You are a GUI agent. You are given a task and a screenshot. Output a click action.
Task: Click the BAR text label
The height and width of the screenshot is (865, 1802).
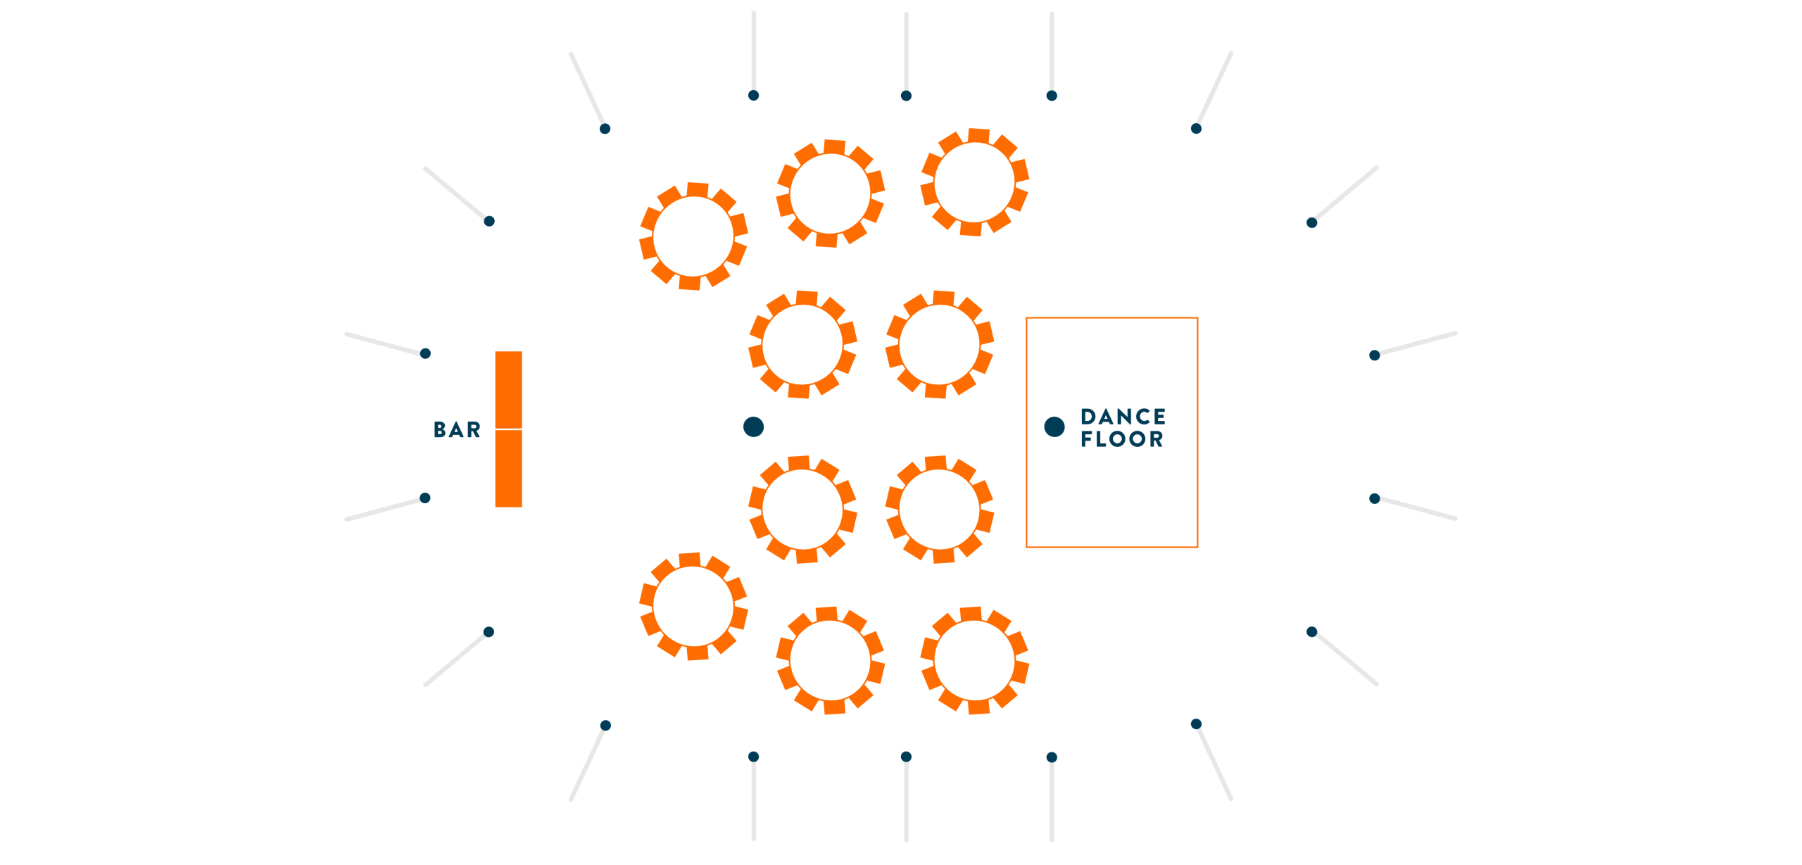tap(457, 429)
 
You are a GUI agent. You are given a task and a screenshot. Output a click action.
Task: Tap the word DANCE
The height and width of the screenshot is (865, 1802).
tap(1123, 417)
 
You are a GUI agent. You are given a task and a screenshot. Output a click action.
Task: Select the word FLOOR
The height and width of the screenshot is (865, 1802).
tap(1122, 439)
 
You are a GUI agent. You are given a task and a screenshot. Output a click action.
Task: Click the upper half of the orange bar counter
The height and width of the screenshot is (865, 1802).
tap(508, 389)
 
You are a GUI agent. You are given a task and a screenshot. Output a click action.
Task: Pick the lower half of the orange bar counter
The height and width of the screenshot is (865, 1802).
tap(508, 468)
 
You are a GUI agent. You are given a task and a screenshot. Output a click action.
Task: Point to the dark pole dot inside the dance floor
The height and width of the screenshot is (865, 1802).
tap(1054, 427)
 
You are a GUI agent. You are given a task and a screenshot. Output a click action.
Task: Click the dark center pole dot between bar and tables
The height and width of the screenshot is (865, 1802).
tap(753, 427)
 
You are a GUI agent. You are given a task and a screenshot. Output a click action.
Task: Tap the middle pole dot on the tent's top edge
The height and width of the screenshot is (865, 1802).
tap(906, 96)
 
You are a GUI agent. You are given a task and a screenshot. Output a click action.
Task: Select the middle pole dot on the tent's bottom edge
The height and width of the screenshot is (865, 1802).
tap(906, 757)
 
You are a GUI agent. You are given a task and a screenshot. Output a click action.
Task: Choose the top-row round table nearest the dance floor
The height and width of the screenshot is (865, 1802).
tap(974, 182)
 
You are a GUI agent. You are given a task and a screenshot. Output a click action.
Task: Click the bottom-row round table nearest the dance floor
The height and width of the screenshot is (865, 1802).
tap(974, 660)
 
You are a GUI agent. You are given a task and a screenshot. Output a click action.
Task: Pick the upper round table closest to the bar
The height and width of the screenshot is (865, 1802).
tap(693, 236)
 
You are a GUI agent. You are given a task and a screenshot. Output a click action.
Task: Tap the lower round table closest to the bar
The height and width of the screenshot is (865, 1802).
tap(693, 606)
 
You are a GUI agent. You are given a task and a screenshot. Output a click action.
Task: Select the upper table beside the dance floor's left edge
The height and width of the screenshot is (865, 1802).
tap(939, 344)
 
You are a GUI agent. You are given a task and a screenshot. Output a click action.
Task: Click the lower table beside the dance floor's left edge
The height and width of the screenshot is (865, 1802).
tap(939, 509)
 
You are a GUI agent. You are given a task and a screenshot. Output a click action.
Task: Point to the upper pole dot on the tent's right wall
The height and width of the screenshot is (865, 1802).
tap(1373, 355)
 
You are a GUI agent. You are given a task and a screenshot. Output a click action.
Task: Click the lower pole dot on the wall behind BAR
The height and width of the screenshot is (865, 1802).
tap(424, 498)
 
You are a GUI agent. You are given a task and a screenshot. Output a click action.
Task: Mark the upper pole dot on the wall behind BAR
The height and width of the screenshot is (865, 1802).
tap(424, 353)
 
